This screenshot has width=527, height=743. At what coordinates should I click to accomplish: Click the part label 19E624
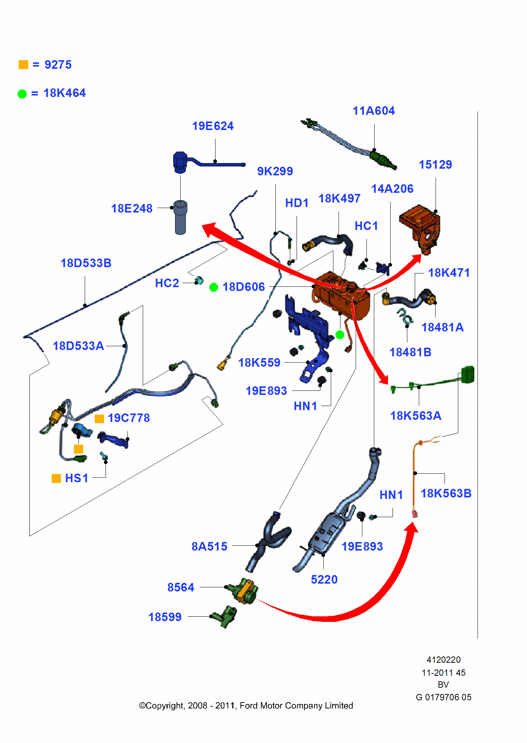213,126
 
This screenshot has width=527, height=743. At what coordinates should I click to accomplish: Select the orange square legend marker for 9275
23,65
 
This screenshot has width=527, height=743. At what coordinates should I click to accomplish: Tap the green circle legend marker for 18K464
22,94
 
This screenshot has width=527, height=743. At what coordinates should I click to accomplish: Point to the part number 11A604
374,111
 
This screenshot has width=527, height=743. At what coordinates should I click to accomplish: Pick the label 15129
435,165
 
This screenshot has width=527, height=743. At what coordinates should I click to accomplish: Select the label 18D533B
86,263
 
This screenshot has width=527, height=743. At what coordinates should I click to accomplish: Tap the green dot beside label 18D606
214,287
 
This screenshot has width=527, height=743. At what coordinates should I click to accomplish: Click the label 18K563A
416,416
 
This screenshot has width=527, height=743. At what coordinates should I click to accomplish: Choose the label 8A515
209,546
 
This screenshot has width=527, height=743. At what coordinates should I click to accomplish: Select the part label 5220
324,580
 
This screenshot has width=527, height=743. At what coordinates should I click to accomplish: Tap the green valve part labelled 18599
225,617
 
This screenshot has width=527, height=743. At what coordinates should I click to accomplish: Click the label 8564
181,587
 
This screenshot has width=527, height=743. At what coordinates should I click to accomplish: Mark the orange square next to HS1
56,478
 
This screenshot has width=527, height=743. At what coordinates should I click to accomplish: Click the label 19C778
129,418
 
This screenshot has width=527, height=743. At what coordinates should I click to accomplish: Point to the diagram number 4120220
443,660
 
